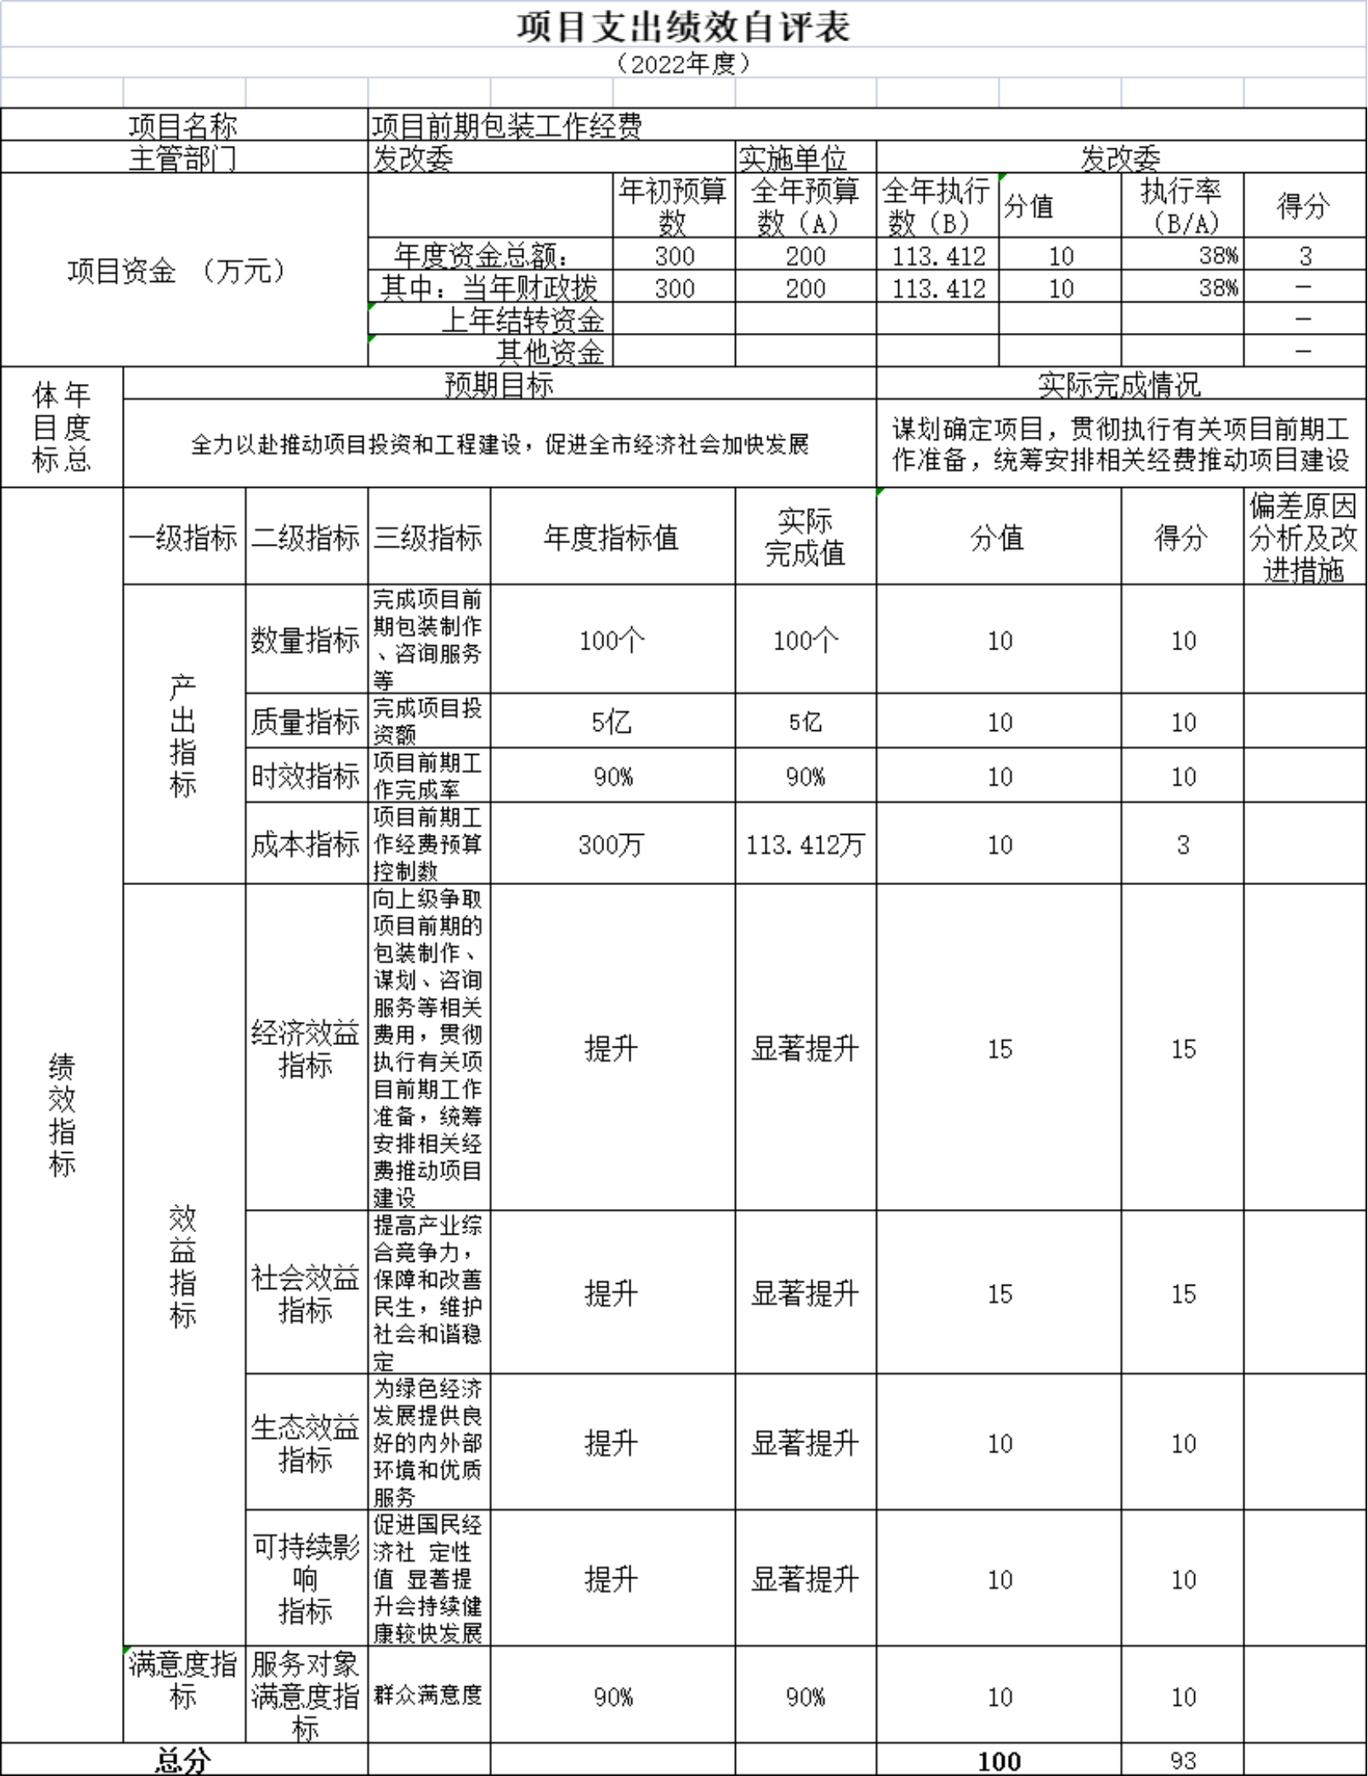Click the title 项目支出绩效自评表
pos(683,27)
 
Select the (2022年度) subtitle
pos(683,63)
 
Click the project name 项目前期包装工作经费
pos(507,125)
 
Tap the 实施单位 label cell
pos(792,157)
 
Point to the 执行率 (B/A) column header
pos(1182,206)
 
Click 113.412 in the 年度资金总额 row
pos(938,256)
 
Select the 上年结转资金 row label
pos(522,320)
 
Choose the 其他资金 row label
pos(550,352)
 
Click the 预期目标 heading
pos(499,384)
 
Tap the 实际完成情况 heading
pos(1119,384)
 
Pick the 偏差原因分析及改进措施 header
pos(1303,537)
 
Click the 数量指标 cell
pos(306,640)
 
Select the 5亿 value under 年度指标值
pos(611,722)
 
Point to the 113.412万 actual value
pos(805,845)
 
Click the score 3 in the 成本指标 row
pos(1183,845)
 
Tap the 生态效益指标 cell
pos(306,1443)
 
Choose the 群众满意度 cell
pos(428,1694)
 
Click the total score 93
pos(1183,1761)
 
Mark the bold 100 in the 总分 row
pos(999,1762)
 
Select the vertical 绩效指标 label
pos(62,1114)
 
